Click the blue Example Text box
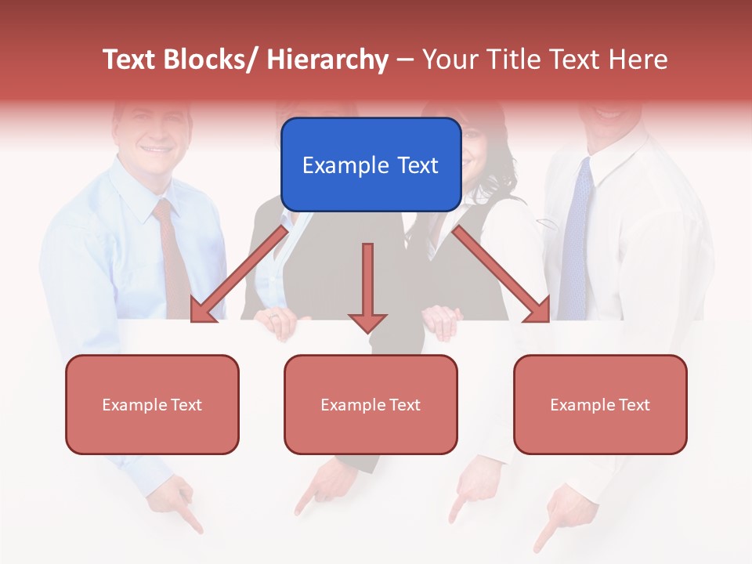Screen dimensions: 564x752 [371, 164]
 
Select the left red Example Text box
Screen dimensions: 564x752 [152, 404]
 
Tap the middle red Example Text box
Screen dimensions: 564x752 [371, 404]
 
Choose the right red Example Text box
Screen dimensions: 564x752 [600, 404]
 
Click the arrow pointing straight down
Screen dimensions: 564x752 [367, 290]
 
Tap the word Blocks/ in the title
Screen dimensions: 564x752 [211, 60]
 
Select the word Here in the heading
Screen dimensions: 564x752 [638, 60]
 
